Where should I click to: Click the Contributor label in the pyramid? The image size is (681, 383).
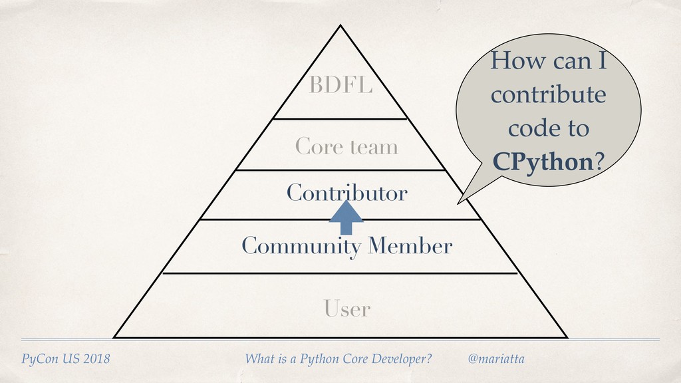click(346, 193)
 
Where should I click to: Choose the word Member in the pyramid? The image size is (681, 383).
click(413, 247)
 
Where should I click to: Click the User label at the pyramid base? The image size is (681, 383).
click(346, 309)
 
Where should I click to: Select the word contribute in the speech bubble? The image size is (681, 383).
click(548, 95)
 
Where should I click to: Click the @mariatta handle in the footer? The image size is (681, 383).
click(496, 359)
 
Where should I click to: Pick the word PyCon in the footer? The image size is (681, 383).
click(39, 360)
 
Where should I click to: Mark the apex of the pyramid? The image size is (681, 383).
click(340, 27)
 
